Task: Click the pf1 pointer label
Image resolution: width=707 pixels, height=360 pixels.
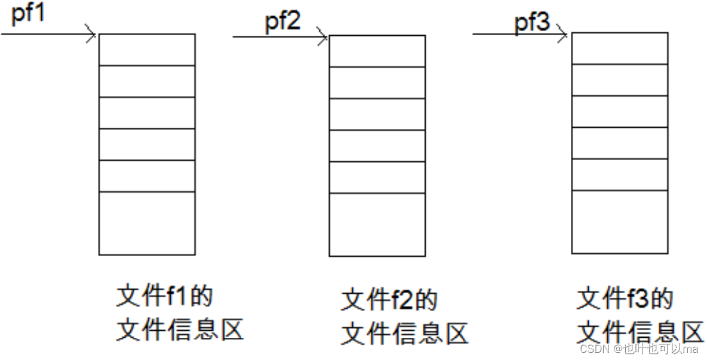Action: pos(28,15)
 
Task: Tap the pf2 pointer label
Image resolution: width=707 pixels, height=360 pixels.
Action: pos(283,22)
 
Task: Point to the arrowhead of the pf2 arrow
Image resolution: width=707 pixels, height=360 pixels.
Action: pos(323,37)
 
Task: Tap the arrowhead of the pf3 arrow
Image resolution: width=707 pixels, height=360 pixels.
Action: pos(563,35)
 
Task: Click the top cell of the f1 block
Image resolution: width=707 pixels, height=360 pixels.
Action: pos(147,50)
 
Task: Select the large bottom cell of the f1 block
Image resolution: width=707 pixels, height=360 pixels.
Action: pos(147,223)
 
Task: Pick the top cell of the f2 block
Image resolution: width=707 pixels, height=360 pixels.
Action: pos(377,51)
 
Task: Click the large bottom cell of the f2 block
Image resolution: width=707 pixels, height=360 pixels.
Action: pos(377,224)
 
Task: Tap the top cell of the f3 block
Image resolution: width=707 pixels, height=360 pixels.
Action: pos(620,48)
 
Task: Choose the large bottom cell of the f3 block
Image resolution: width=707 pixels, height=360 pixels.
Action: pos(620,222)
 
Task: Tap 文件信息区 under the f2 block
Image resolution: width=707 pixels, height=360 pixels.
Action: pos(405,333)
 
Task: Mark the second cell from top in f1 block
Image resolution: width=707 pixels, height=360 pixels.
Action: pos(147,81)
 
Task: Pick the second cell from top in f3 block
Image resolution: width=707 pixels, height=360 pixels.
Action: pos(620,80)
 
